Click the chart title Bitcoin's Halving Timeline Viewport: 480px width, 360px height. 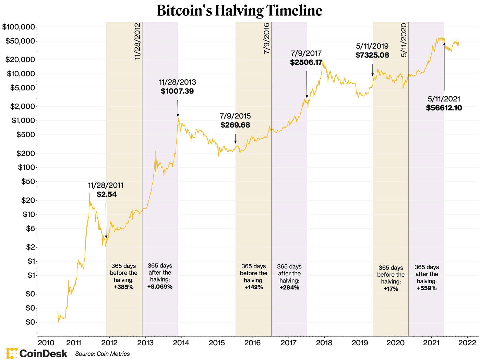click(239, 11)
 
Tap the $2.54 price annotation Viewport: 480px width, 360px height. click(107, 194)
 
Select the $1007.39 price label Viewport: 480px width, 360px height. click(177, 91)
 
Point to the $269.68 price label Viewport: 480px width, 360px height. click(235, 125)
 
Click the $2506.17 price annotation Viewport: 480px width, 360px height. click(306, 62)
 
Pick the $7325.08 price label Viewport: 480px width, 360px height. click(372, 55)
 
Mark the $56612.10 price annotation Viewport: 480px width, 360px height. click(444, 108)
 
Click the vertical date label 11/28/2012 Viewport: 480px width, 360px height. click(137, 41)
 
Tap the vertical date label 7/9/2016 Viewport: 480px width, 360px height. click(267, 38)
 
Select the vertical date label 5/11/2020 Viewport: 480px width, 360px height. click(404, 40)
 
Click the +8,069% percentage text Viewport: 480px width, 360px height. click(160, 287)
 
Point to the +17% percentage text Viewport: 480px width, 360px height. click(391, 289)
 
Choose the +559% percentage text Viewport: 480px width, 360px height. click(427, 288)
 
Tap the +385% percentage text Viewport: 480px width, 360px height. click(123, 287)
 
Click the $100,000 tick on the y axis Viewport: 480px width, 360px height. click(19, 27)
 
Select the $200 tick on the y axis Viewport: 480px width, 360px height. click(26, 153)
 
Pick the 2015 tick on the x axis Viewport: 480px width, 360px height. click(217, 343)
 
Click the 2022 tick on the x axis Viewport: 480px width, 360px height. click(467, 343)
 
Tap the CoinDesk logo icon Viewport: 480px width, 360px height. click(12, 353)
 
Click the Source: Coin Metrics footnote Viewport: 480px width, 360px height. click(103, 354)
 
